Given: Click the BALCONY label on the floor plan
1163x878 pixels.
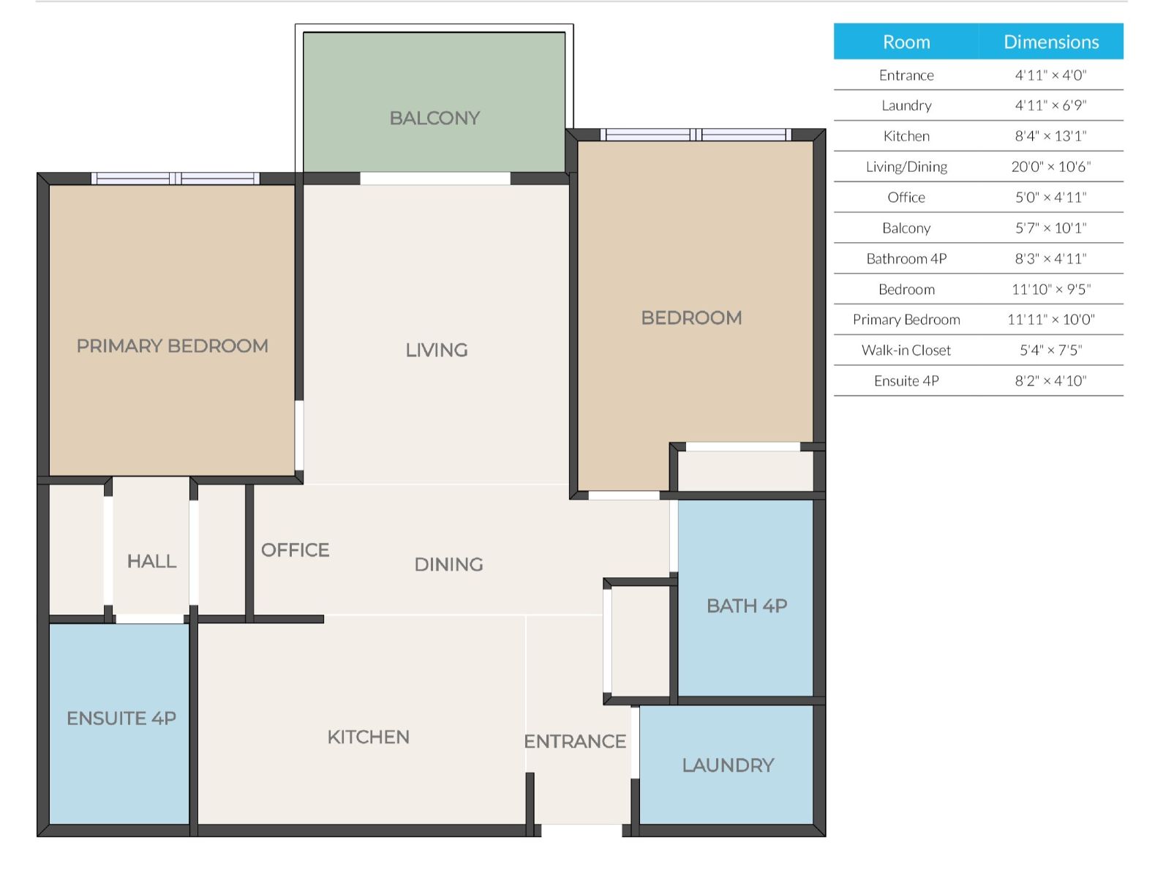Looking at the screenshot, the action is click(x=434, y=118).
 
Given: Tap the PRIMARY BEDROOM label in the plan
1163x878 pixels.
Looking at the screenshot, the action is click(x=172, y=345).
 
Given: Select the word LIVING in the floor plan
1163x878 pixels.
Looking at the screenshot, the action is click(x=437, y=350).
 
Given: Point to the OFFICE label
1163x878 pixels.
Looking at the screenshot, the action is click(x=295, y=550).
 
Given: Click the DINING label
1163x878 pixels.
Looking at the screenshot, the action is click(x=449, y=564).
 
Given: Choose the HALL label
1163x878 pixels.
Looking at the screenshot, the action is click(x=151, y=561).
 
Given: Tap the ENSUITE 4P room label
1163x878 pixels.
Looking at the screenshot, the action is click(x=121, y=718).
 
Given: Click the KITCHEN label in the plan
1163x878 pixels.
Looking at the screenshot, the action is click(x=368, y=737).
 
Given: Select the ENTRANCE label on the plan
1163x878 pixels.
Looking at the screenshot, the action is click(x=575, y=741).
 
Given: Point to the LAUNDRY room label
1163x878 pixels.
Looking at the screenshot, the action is click(x=728, y=765).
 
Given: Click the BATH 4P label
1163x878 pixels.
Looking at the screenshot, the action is click(x=747, y=606).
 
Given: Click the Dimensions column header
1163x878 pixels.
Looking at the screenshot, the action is click(x=1051, y=42).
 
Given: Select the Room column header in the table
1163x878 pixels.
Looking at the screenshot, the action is click(x=906, y=42).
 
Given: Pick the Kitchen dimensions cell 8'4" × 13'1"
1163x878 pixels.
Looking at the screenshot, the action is click(x=1050, y=136).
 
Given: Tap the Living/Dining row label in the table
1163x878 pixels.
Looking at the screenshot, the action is click(x=906, y=167).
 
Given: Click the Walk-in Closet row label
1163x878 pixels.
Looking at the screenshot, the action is click(x=906, y=350).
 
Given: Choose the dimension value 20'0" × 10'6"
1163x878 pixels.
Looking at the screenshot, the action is click(x=1051, y=167).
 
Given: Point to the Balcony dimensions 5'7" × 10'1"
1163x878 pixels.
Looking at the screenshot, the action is click(x=1050, y=228).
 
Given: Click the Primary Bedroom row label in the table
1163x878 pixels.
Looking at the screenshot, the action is click(x=906, y=320).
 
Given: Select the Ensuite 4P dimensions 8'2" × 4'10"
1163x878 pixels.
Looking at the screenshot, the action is click(x=1050, y=381).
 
